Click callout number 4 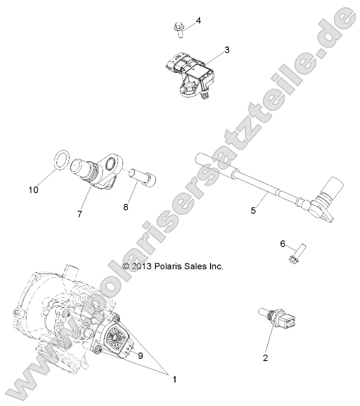coord(198,20)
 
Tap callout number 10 coord(33,190)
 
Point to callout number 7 coord(79,214)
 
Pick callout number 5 coord(253,211)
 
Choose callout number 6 coord(282,244)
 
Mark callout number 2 coord(265,358)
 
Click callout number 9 coord(140,356)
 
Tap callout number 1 coord(174,380)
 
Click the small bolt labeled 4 coord(179,29)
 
